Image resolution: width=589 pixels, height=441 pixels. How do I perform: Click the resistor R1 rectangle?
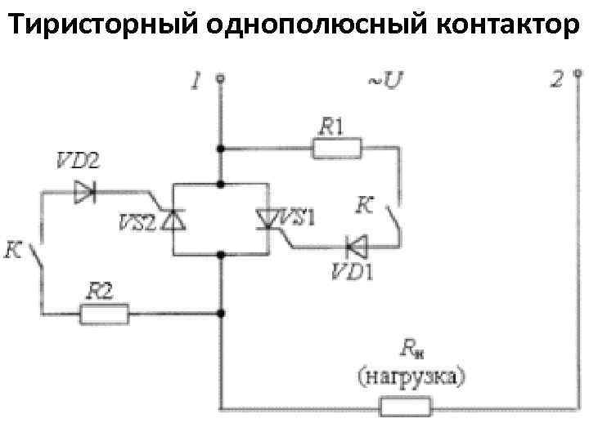[337, 149]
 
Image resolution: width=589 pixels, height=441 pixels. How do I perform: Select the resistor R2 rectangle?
[104, 313]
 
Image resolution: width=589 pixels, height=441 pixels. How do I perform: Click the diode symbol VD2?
[85, 193]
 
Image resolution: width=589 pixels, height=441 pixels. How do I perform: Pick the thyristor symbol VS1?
[268, 219]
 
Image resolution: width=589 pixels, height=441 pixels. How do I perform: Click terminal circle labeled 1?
[220, 80]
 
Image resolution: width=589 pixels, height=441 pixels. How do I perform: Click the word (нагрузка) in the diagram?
[411, 376]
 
